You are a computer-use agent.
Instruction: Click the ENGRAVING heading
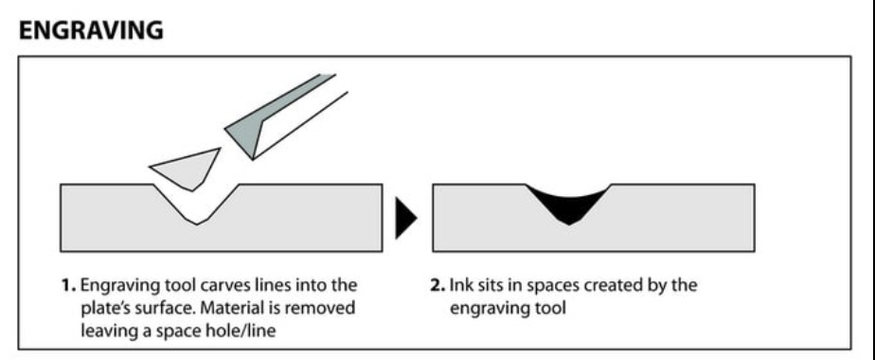click(x=91, y=29)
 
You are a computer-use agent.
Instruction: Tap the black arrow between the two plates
click(x=405, y=218)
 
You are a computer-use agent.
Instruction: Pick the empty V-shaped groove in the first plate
click(x=196, y=202)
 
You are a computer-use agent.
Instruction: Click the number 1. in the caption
click(x=68, y=285)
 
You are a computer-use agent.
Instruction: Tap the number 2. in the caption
click(x=437, y=285)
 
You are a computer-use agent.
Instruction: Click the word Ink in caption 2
click(x=460, y=285)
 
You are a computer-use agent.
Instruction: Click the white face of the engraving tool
click(x=300, y=124)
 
